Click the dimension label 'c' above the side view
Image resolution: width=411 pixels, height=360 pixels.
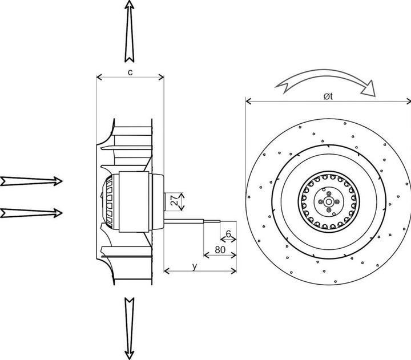click(x=130, y=72)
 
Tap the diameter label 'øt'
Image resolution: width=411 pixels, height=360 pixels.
click(x=328, y=96)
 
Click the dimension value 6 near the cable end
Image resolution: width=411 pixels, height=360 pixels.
click(x=228, y=234)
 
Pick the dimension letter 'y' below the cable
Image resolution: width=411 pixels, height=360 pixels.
click(x=195, y=265)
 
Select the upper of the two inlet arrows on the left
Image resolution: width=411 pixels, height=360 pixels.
click(x=32, y=181)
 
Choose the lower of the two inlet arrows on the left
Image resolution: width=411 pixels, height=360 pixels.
click(x=32, y=213)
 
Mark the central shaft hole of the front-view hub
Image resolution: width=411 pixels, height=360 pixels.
click(x=328, y=203)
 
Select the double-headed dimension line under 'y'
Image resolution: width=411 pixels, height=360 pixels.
click(x=200, y=271)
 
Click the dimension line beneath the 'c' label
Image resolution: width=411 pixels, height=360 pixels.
click(x=130, y=78)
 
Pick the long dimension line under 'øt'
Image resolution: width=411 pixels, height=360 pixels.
click(x=328, y=103)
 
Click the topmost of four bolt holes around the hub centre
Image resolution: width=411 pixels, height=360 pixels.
click(x=328, y=194)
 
